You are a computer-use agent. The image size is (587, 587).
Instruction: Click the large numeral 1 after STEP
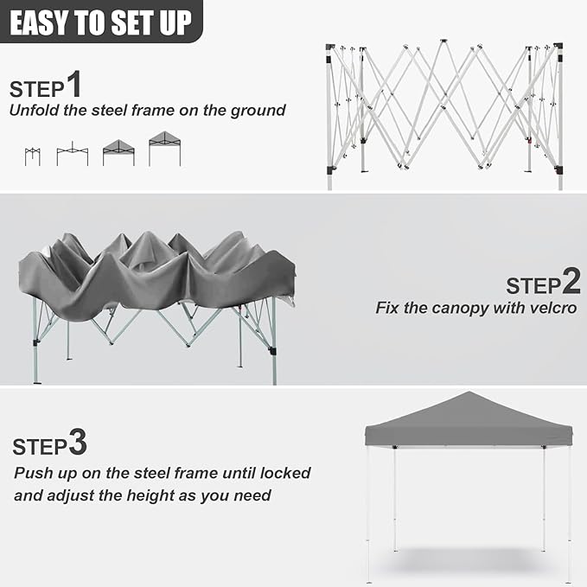[73, 85]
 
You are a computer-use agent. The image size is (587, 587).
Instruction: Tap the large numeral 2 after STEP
[571, 280]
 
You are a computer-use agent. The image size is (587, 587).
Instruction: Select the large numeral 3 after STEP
[77, 443]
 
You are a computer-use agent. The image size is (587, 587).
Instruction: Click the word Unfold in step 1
[34, 111]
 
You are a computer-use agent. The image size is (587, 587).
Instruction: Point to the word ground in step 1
[258, 111]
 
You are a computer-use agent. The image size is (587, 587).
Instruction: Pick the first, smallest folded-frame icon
[32, 156]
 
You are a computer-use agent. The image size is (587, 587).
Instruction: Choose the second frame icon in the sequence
[72, 155]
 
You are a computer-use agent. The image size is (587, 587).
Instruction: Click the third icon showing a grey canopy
[118, 152]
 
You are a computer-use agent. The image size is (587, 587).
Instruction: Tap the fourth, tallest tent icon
[164, 149]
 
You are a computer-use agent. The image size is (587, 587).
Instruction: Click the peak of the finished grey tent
[468, 393]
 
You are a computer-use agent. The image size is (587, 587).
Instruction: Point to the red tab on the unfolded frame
[528, 138]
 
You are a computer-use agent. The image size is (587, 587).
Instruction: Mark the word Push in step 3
[31, 473]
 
